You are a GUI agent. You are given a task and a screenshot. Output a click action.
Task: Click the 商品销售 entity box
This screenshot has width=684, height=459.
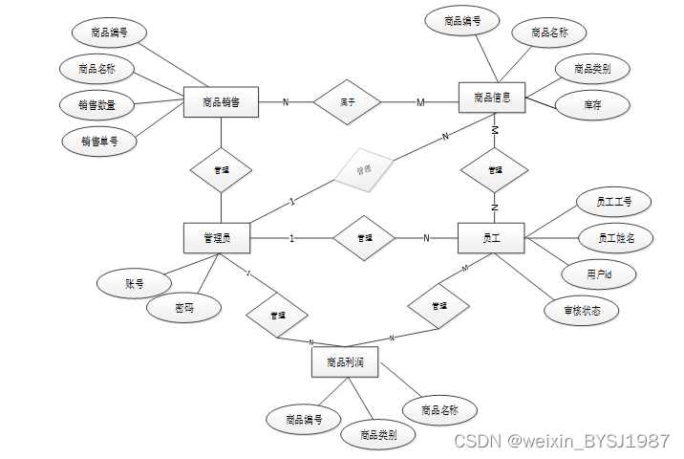[221, 101]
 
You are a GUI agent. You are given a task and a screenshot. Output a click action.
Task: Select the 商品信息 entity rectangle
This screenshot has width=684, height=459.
[492, 98]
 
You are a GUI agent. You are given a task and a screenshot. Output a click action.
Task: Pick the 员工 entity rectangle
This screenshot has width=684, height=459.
[492, 237]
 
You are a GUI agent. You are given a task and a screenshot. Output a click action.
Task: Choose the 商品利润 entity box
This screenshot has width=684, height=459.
[344, 362]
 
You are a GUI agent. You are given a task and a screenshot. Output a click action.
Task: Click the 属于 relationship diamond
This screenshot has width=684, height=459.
[348, 101]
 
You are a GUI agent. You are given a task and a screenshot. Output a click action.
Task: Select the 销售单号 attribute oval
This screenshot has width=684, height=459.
[98, 141]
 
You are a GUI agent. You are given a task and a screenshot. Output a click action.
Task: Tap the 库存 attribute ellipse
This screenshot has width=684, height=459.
[592, 104]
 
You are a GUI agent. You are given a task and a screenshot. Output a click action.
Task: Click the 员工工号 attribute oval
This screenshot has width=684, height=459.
[613, 203]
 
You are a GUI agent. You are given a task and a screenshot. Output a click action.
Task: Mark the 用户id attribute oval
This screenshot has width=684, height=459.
[599, 274]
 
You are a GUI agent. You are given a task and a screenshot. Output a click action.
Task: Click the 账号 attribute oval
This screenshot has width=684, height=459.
[134, 283]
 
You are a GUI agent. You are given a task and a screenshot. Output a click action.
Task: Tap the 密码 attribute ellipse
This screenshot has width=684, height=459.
[183, 309]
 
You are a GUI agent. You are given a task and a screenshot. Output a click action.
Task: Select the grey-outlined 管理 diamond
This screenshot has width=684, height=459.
[364, 170]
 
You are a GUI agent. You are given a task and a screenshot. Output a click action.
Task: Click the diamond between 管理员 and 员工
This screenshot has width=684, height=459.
[364, 238]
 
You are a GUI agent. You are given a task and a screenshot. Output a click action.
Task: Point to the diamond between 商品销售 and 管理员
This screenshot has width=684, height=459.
[221, 169]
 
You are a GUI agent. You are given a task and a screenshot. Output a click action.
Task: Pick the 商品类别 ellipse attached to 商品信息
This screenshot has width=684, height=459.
[592, 69]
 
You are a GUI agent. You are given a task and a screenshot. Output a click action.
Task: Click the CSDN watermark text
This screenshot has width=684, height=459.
[561, 441]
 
